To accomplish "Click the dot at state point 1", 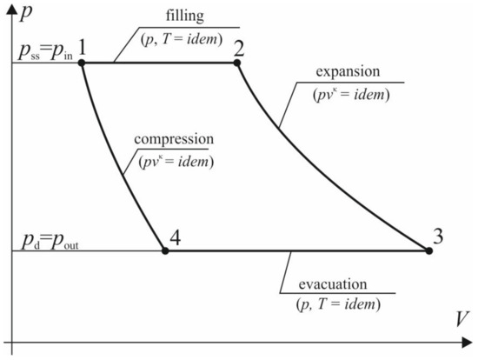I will click(x=83, y=63).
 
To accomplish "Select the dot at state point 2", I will click(x=237, y=63).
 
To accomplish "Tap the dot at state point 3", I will click(x=429, y=250).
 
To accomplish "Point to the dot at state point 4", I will click(x=165, y=250).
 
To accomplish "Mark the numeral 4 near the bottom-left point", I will click(x=176, y=236).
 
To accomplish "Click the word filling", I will click(x=183, y=17).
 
